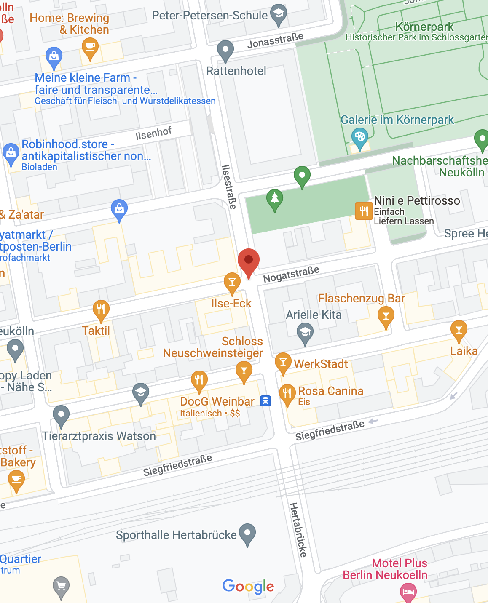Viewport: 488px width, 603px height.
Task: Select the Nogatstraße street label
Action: click(x=291, y=274)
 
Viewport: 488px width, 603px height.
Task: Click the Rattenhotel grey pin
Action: click(x=225, y=51)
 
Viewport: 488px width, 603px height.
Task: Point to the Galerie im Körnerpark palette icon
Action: click(x=359, y=138)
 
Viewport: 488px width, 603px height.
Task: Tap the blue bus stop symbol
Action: click(x=265, y=400)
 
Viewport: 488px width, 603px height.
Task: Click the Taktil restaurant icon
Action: click(x=101, y=310)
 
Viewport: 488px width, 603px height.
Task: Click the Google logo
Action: click(x=248, y=586)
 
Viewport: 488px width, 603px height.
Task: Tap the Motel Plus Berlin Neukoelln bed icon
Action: click(x=408, y=592)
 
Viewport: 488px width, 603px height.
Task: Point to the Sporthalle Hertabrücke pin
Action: click(x=247, y=533)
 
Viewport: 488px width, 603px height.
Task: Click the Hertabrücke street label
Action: click(x=298, y=530)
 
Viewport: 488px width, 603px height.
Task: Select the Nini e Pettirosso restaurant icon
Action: click(x=364, y=211)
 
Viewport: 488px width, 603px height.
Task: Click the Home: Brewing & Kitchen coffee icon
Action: click(x=90, y=47)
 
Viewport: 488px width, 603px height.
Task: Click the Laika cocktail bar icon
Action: click(x=459, y=330)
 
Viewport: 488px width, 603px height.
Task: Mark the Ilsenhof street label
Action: click(x=153, y=133)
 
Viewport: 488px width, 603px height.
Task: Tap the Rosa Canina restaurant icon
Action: click(x=287, y=394)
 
